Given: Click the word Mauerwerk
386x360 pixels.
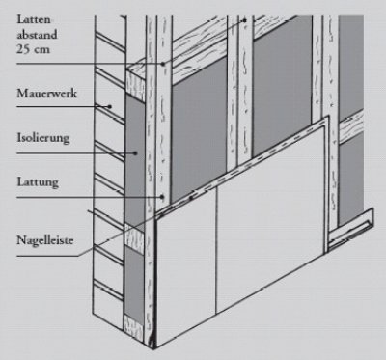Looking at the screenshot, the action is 47,94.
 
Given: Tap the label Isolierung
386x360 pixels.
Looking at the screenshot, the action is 43,138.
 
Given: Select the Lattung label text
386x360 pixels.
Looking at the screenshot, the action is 38,182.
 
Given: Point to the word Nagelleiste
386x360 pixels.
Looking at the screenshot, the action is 45,240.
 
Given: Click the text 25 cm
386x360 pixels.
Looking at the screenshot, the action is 33,49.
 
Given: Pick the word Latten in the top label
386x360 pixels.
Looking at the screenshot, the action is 34,19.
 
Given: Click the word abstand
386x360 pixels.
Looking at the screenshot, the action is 37,35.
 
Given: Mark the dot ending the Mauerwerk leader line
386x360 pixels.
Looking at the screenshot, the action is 110,106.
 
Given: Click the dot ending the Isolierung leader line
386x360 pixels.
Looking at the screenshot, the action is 135,153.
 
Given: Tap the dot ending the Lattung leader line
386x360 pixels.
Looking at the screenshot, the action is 162,197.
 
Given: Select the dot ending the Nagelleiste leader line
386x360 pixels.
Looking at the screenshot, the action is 191,197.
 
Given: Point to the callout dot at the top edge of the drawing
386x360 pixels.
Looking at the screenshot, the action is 244,20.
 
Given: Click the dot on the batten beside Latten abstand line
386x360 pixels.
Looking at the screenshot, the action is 163,64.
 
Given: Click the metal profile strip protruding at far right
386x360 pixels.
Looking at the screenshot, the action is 351,230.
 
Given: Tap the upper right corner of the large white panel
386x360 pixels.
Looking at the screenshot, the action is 328,117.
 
